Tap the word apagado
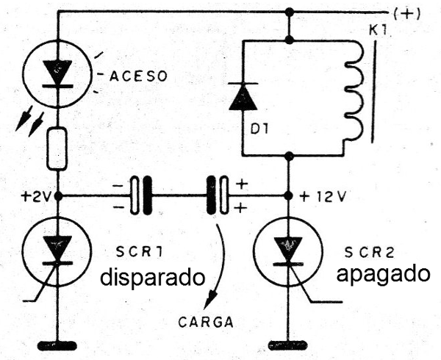[x=382, y=274]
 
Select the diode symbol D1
[x=243, y=97]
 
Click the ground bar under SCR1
[x=57, y=344]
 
